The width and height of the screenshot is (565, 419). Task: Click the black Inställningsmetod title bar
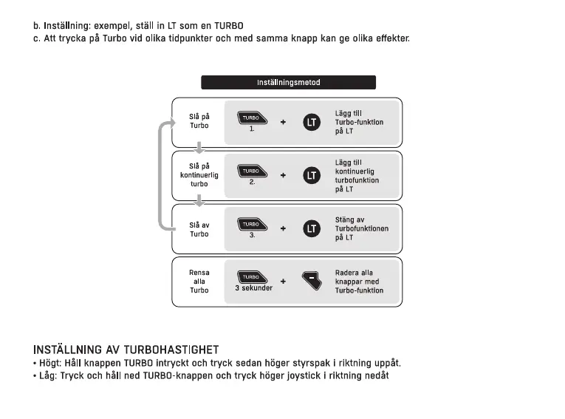288,83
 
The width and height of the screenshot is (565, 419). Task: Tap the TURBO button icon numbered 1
251,117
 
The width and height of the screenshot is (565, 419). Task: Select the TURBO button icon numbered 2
251,171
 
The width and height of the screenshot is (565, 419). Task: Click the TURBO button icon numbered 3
251,224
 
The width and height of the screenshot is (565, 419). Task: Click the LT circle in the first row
312,122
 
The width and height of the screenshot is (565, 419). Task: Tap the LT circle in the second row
312,175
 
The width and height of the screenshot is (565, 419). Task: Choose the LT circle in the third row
312,228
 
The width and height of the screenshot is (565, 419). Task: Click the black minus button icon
313,281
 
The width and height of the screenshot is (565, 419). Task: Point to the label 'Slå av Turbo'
199,229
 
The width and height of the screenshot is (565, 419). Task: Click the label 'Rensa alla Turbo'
199,282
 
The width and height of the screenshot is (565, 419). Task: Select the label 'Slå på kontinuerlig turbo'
199,175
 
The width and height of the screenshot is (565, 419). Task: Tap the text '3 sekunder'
253,288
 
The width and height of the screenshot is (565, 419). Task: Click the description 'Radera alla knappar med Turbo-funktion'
359,282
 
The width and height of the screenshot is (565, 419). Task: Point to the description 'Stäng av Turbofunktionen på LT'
361,228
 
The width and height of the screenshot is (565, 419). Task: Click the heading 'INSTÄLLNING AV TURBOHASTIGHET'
126,349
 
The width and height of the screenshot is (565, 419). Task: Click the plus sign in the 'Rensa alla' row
283,281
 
